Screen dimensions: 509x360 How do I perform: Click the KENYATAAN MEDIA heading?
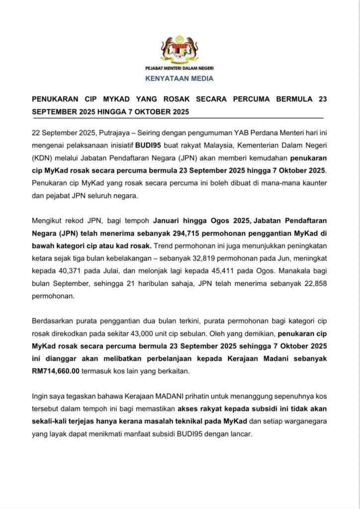tap(180, 78)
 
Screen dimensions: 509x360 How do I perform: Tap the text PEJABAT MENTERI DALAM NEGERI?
tap(180, 68)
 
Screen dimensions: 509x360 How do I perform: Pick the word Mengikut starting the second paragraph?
tap(48, 219)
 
